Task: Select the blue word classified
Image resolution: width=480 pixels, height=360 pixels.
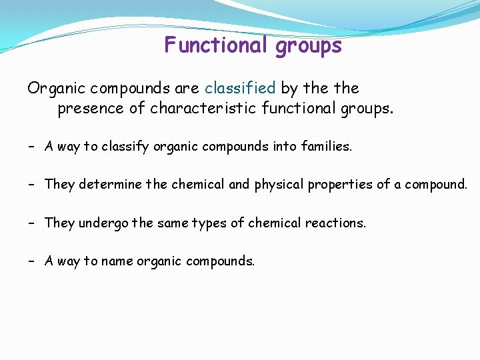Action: (x=240, y=88)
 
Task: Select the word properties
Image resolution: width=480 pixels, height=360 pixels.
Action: (x=341, y=185)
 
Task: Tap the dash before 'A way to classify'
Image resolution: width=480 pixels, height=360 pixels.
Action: (x=32, y=146)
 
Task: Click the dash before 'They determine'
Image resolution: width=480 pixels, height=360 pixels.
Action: (x=32, y=184)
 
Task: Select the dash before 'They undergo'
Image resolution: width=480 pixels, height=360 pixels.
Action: (x=32, y=223)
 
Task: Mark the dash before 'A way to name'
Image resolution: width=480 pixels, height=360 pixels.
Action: (x=32, y=261)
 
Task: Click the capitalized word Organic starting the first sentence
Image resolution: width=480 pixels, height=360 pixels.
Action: (x=56, y=89)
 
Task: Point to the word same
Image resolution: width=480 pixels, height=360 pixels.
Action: (x=175, y=223)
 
